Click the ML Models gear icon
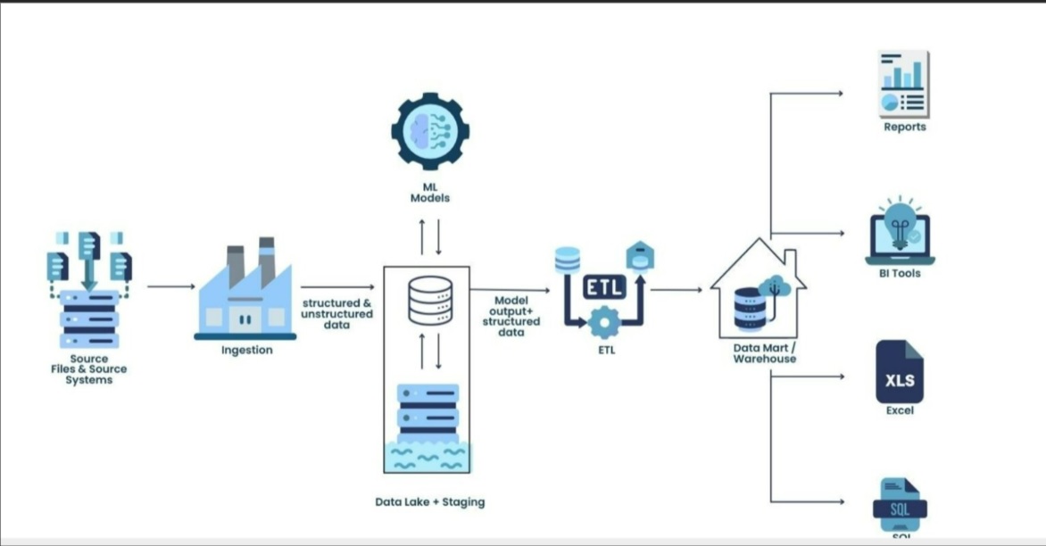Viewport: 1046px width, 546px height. click(x=430, y=131)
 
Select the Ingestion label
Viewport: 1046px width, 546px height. click(x=247, y=350)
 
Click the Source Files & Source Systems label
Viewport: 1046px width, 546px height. click(x=89, y=369)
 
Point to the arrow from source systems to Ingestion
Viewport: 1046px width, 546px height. click(x=170, y=286)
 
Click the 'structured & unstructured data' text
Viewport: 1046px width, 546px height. click(x=336, y=314)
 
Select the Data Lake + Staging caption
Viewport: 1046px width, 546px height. click(x=430, y=502)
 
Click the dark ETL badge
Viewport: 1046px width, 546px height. click(x=605, y=286)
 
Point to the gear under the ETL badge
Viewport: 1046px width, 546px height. click(x=605, y=319)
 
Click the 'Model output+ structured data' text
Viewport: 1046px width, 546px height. click(x=511, y=317)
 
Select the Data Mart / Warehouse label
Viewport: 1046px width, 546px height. click(x=765, y=353)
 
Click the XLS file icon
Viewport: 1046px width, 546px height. click(x=900, y=372)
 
